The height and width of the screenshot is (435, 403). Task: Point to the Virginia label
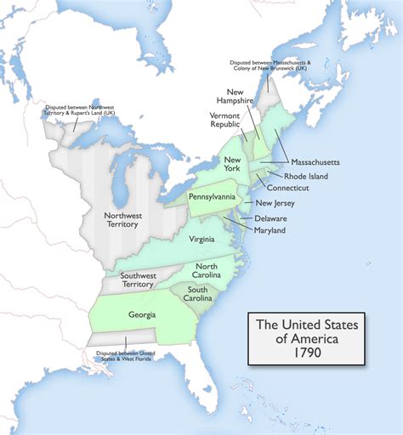201,239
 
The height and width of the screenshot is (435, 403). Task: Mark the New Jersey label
276,203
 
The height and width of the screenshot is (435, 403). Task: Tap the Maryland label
269,230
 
